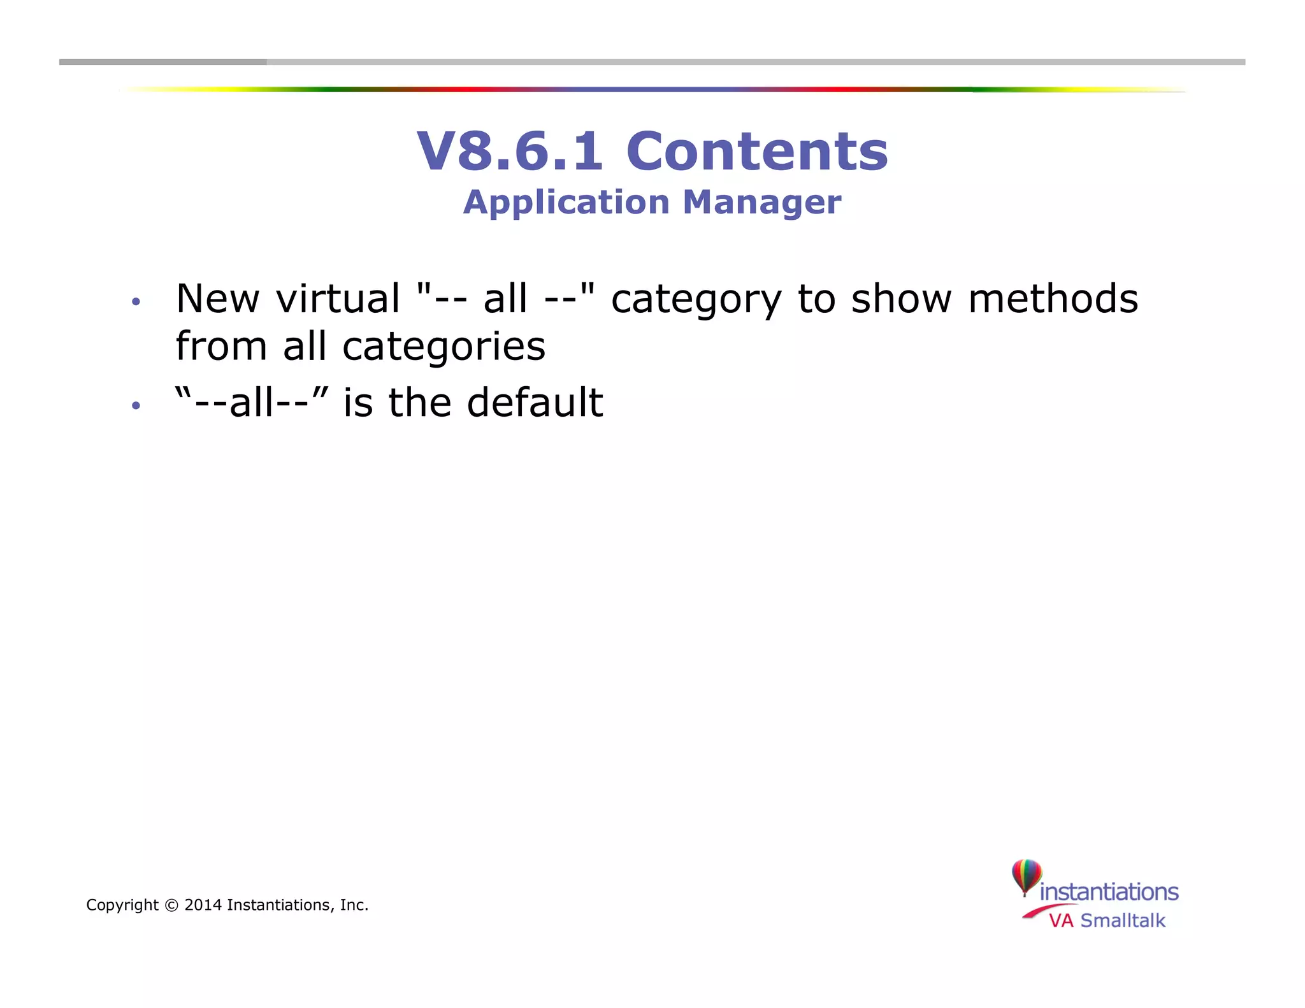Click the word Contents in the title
coord(757,152)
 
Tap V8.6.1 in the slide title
coord(510,152)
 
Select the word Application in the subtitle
coord(566,203)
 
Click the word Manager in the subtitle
coord(761,203)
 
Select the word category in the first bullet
coord(696,299)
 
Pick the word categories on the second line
coord(444,347)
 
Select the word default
coord(535,403)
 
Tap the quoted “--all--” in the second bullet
coord(252,403)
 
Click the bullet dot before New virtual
coord(135,301)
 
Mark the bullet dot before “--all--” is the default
coord(135,405)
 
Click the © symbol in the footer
coord(171,905)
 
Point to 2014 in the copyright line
coord(203,905)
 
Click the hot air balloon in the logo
coord(1026,876)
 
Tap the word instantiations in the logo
coord(1109,892)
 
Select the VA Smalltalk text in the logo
coord(1107,921)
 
